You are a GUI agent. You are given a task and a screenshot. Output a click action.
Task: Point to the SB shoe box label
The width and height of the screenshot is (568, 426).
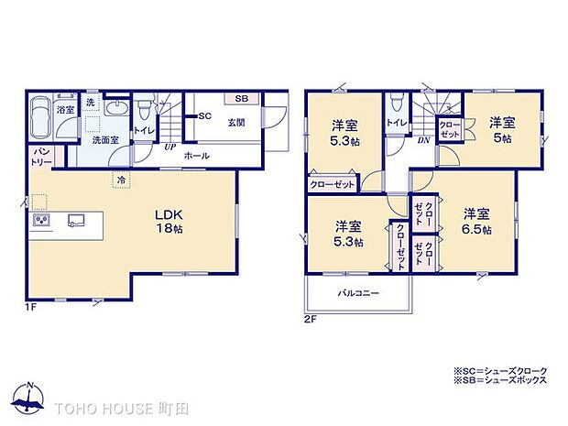[x=240, y=99]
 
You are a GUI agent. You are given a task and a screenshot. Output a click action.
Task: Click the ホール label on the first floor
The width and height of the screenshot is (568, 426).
[x=196, y=156]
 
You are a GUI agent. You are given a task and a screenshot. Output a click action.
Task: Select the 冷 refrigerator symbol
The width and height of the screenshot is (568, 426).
[x=122, y=181]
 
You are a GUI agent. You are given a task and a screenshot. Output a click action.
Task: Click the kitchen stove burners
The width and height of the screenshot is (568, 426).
[x=41, y=220]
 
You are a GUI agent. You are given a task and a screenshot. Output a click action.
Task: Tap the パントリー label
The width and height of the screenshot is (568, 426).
[x=42, y=156]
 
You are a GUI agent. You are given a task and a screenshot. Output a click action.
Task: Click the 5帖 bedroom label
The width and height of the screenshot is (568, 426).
[x=500, y=129]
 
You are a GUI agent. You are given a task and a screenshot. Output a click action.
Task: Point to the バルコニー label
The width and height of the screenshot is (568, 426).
[x=359, y=293]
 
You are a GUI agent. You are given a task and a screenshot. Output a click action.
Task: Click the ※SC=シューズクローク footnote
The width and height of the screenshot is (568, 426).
[x=500, y=370]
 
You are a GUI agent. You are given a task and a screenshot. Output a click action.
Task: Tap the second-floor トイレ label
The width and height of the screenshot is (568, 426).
[x=397, y=123]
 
